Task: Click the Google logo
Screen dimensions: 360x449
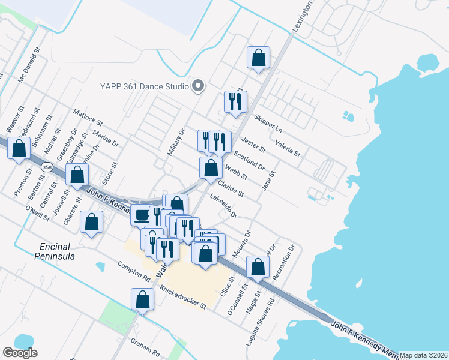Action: (x=20, y=353)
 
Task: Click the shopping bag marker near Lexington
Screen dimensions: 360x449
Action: (x=258, y=58)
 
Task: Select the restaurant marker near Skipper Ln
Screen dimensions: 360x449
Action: (x=235, y=101)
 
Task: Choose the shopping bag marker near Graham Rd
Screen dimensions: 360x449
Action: (x=143, y=299)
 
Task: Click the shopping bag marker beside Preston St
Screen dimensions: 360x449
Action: (x=19, y=148)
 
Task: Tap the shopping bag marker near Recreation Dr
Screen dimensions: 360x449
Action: (x=258, y=267)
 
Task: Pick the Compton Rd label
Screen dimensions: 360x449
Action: (x=133, y=272)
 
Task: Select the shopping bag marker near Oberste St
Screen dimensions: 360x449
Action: (x=91, y=222)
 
